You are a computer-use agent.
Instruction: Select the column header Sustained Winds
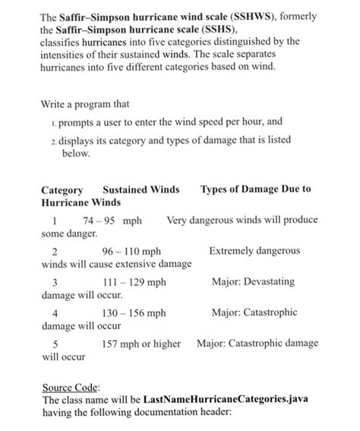tap(141, 189)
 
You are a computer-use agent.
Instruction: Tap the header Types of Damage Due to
tap(256, 189)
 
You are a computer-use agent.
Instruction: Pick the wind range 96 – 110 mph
tap(131, 251)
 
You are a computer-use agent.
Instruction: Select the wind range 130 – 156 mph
tap(134, 313)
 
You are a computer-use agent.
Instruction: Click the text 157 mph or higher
tap(141, 344)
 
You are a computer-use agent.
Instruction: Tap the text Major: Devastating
tap(253, 282)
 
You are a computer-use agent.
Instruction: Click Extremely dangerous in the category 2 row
tap(254, 250)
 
